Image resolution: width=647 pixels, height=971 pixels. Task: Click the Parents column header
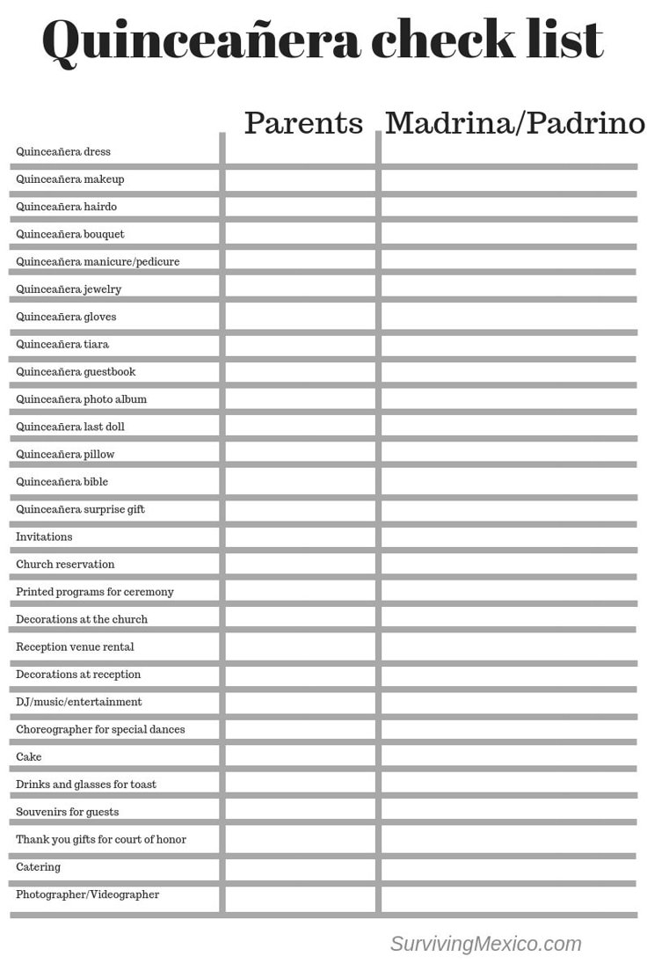[303, 123]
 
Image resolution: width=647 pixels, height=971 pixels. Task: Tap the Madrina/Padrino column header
[514, 123]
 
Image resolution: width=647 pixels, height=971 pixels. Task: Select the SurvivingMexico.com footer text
[485, 944]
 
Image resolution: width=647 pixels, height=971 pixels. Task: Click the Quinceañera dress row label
[63, 151]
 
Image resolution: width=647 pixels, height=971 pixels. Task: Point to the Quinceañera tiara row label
[62, 344]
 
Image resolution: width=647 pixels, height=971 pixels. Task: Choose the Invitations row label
[44, 537]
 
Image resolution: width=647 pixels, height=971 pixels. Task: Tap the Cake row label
[29, 756]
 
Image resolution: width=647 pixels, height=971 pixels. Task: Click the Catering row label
[39, 866]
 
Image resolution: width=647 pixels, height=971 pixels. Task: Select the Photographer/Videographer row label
[88, 894]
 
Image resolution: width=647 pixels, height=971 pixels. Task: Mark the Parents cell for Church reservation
[302, 564]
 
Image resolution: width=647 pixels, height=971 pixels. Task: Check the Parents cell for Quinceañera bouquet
[302, 234]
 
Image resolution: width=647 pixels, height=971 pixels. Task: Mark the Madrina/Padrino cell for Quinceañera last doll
[509, 427]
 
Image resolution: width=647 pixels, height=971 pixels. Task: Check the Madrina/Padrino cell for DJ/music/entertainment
[509, 702]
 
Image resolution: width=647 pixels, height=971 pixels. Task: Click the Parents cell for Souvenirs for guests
[302, 812]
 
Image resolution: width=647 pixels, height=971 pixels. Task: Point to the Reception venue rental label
[75, 646]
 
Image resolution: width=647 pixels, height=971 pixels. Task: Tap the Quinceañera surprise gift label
[80, 509]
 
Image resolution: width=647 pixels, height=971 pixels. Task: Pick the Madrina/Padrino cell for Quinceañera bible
[509, 482]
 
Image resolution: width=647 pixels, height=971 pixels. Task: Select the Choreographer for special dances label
[100, 729]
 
